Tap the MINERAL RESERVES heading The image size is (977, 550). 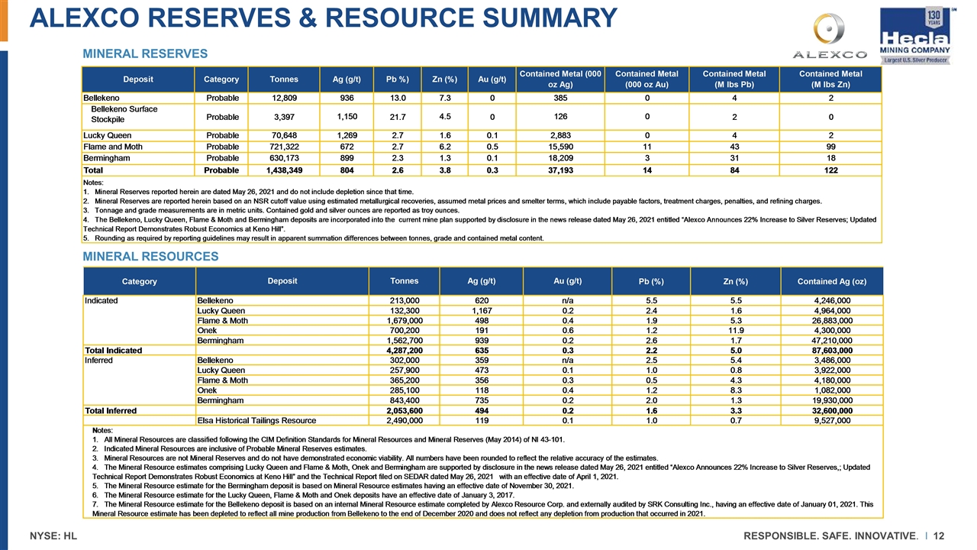point(145,53)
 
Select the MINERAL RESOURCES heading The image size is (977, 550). point(150,256)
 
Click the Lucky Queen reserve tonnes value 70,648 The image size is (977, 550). point(273,134)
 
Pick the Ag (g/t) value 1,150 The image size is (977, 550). point(347,115)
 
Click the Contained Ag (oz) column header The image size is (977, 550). point(832,282)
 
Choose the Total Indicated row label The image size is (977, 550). point(113,351)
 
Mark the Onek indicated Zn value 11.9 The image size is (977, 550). point(735,331)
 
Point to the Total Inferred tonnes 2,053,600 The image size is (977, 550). point(411,410)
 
